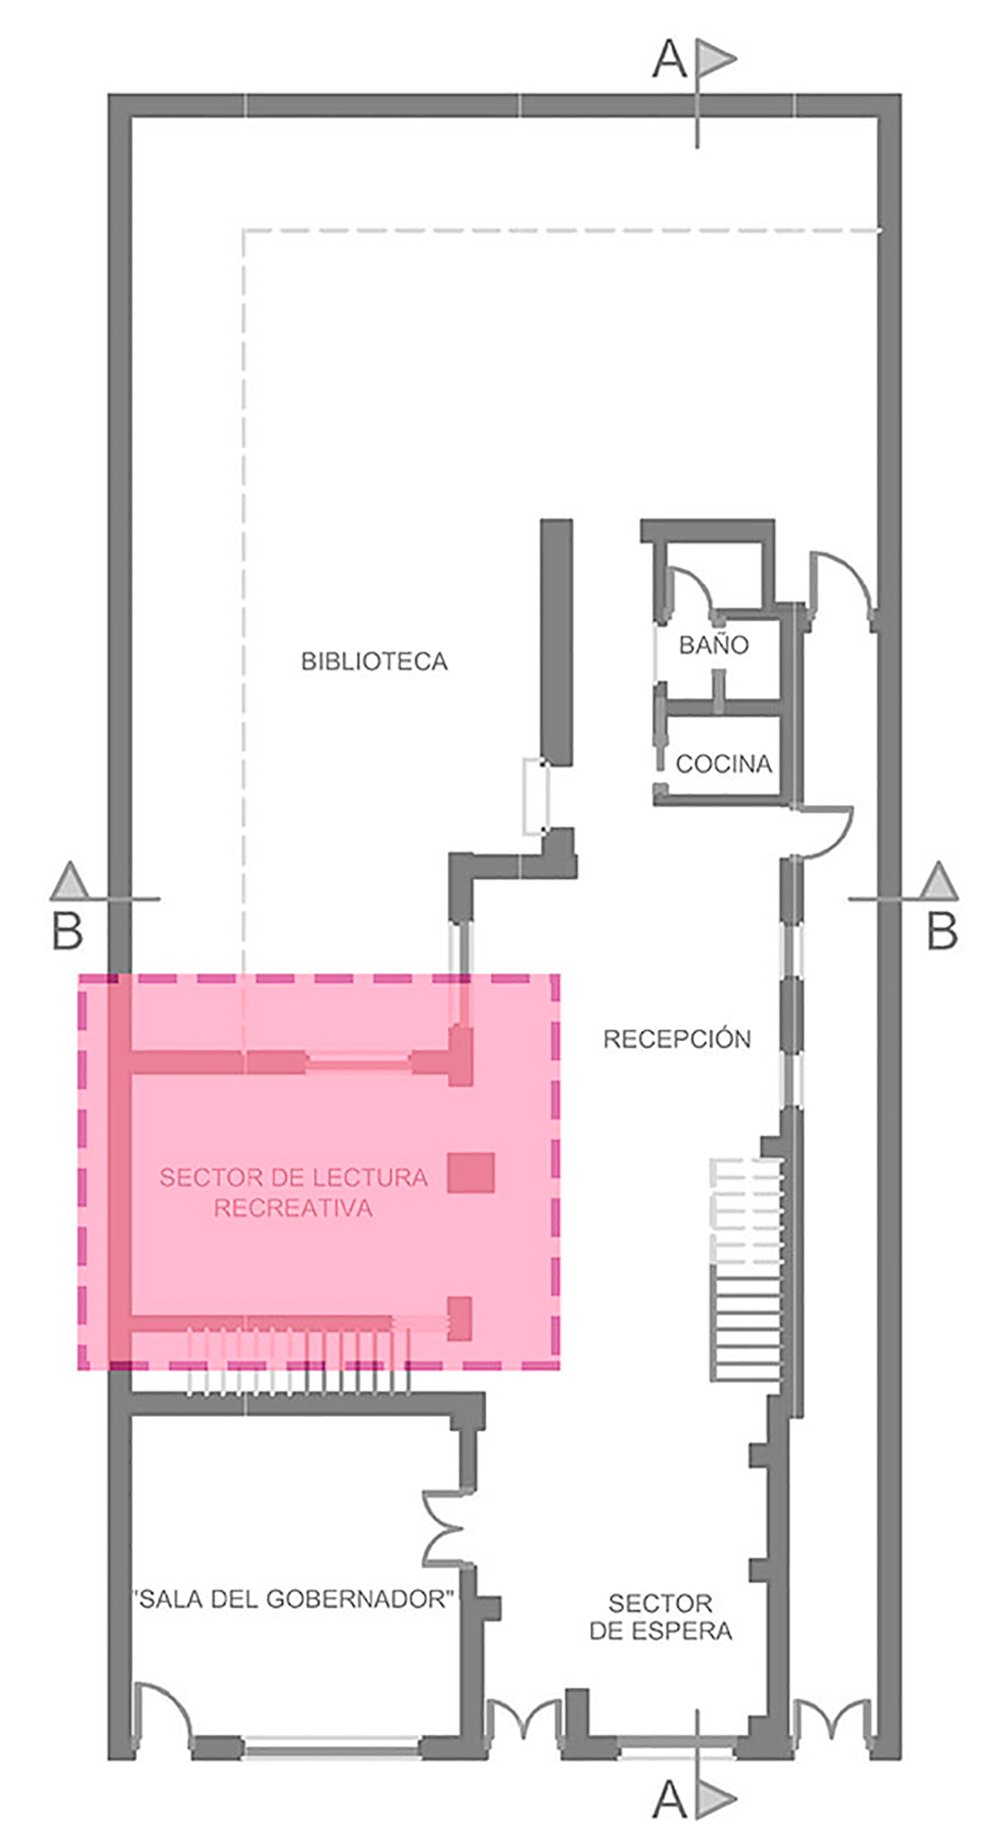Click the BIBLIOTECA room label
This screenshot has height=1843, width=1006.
(x=374, y=661)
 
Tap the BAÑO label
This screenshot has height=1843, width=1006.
(x=714, y=644)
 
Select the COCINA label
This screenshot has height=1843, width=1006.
(x=724, y=764)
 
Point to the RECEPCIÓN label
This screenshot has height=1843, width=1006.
(x=677, y=1039)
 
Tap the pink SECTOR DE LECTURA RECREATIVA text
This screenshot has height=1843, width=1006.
(x=293, y=1192)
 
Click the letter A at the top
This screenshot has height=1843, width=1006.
(x=669, y=60)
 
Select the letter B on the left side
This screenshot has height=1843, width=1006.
(x=67, y=932)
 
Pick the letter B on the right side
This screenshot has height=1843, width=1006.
(x=942, y=932)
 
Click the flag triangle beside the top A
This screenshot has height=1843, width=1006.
(x=716, y=58)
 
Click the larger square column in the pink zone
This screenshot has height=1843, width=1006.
(x=471, y=1173)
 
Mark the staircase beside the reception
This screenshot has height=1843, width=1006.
(x=746, y=1269)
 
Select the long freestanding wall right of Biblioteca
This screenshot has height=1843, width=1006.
(x=556, y=642)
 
